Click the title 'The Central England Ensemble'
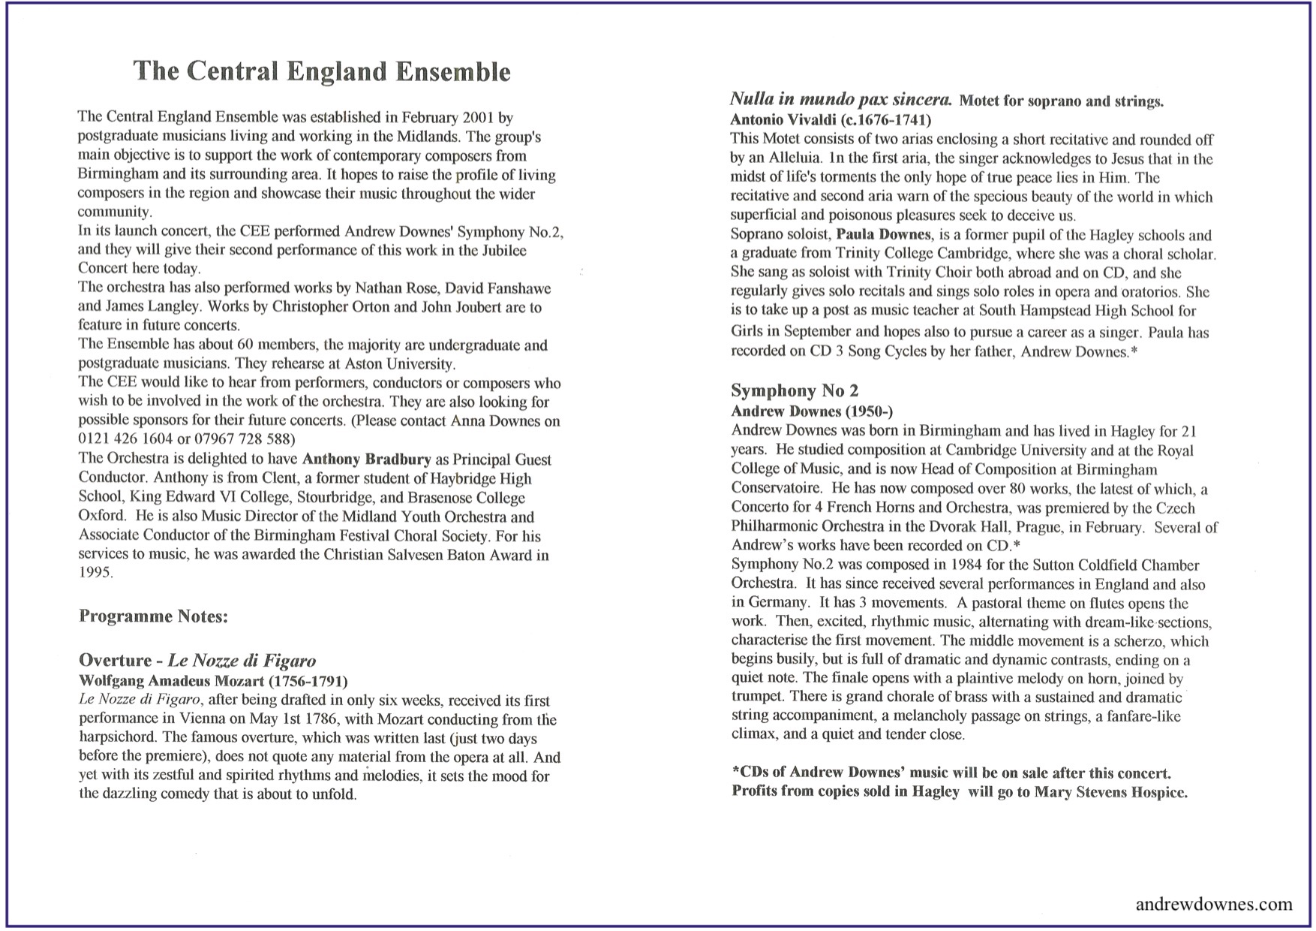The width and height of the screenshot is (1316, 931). click(322, 71)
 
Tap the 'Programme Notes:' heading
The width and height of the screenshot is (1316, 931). click(153, 616)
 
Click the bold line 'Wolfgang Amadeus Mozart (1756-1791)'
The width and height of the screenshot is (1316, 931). click(213, 681)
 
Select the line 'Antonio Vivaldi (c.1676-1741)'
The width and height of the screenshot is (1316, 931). click(831, 120)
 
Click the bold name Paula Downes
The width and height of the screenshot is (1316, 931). click(883, 235)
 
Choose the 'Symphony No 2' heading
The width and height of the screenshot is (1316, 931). click(795, 390)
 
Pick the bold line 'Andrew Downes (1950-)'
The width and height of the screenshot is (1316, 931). click(812, 411)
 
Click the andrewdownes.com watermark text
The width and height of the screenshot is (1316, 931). click(1214, 904)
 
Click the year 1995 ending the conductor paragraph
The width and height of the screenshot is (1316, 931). click(95, 573)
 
